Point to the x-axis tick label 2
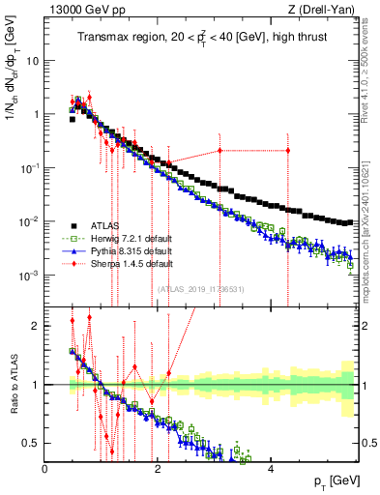158,470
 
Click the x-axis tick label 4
270,470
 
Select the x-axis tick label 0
45,470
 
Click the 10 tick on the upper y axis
31,60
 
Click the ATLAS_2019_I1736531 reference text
199,288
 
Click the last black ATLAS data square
350,222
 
